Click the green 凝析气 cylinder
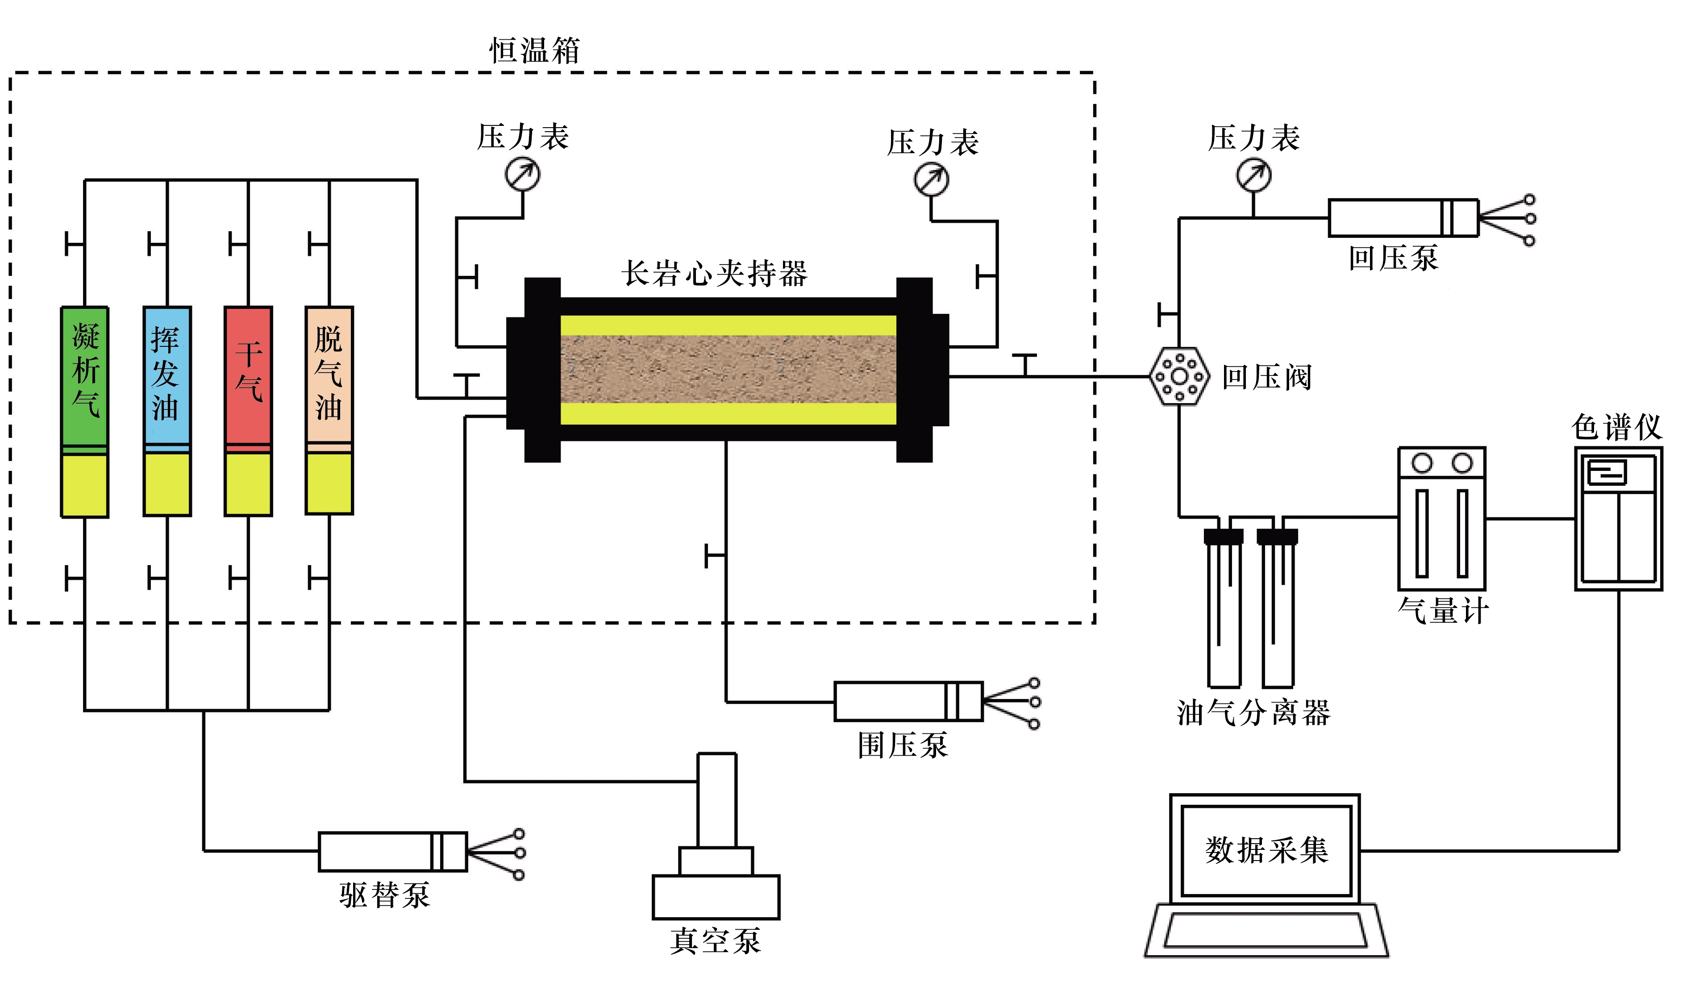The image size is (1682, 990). tap(85, 411)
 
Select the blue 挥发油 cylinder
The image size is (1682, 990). tap(167, 411)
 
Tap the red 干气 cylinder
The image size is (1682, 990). tap(248, 411)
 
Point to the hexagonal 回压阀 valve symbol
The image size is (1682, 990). tap(1179, 377)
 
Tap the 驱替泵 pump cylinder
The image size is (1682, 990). tap(392, 852)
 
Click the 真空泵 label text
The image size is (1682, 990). tap(716, 941)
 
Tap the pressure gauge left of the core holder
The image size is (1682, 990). tap(523, 174)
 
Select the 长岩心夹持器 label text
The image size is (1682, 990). tap(714, 274)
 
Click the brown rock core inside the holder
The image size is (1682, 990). tap(728, 369)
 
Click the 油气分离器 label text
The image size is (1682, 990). tap(1253, 713)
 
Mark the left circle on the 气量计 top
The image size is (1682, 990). tap(1422, 462)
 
